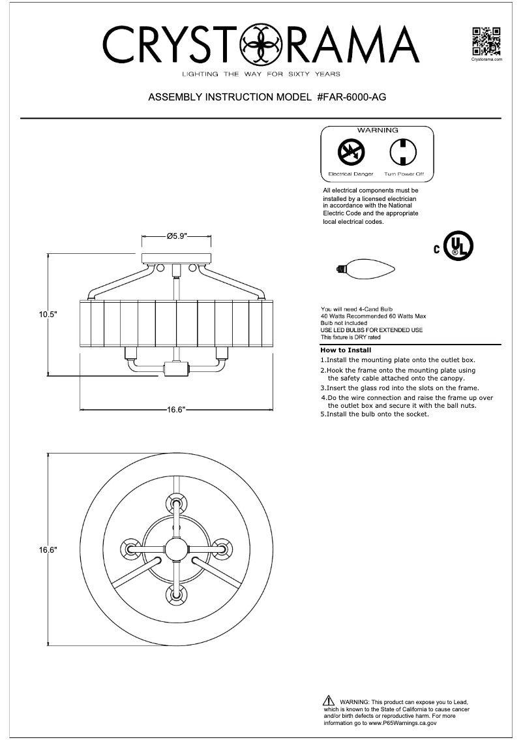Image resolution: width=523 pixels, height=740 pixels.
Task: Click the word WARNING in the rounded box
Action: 378,131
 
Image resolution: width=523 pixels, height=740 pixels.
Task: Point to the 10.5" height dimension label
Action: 48,314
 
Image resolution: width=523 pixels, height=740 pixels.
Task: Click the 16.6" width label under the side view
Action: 176,410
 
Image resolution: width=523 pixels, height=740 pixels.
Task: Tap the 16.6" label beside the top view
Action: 48,549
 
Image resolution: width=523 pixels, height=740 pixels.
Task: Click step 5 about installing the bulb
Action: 374,414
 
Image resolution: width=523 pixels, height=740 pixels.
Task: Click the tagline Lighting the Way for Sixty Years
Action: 261,74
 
